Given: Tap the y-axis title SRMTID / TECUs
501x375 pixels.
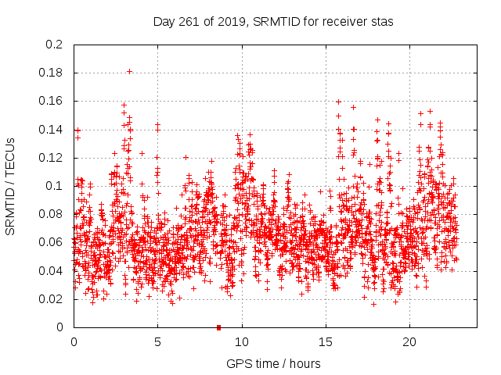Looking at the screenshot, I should click(10, 186).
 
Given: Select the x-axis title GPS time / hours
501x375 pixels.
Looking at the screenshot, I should click(273, 363).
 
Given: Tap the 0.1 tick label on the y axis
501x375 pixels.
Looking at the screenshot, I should click(55, 186).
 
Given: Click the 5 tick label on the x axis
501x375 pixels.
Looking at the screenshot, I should click(157, 342).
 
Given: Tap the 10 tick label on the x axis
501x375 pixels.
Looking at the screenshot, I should click(242, 342).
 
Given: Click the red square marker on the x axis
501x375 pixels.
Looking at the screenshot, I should click(218, 327).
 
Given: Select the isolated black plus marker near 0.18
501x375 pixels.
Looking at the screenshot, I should click(129, 71).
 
